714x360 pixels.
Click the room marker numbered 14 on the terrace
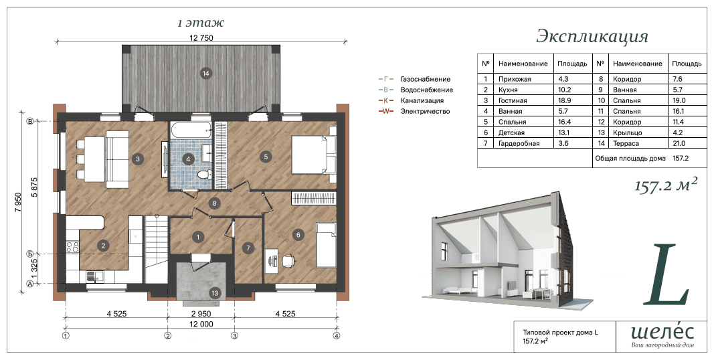point(206,74)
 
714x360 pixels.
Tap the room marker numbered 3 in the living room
point(137,159)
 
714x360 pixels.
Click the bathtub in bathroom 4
point(191,130)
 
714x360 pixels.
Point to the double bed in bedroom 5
point(313,155)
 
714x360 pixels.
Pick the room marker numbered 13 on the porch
point(215,294)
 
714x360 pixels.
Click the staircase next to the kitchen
point(157,250)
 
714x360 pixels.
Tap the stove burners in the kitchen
point(72,247)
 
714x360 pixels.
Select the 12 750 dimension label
point(201,37)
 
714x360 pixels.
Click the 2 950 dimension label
point(201,314)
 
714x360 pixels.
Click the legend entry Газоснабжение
point(426,79)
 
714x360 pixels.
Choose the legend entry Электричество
point(425,112)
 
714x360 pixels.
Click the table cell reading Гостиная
point(513,100)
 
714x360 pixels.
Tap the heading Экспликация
point(592,36)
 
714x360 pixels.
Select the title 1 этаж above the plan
point(201,22)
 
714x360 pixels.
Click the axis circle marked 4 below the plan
point(336,337)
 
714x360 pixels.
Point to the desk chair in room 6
point(288,261)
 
